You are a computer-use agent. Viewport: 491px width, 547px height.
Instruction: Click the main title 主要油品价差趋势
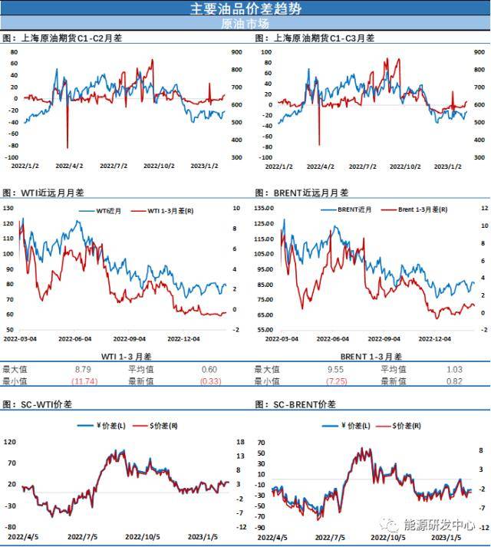pyautogui.click(x=245, y=8)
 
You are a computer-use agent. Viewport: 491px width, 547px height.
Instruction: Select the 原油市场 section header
pyautogui.click(x=245, y=23)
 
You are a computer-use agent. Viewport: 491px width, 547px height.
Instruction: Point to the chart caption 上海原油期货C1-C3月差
pyautogui.click(x=318, y=38)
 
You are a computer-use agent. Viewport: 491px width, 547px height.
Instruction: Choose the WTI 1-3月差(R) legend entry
pyautogui.click(x=166, y=210)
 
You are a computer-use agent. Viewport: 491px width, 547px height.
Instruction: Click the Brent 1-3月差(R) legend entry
pyautogui.click(x=423, y=209)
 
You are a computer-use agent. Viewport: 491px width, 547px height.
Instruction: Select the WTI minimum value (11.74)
pyautogui.click(x=84, y=381)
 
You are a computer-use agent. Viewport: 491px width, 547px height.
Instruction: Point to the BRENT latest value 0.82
pyautogui.click(x=455, y=381)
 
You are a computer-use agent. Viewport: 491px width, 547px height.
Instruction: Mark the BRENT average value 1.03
pyautogui.click(x=455, y=369)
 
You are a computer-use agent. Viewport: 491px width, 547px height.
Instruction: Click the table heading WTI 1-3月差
pyautogui.click(x=127, y=357)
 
